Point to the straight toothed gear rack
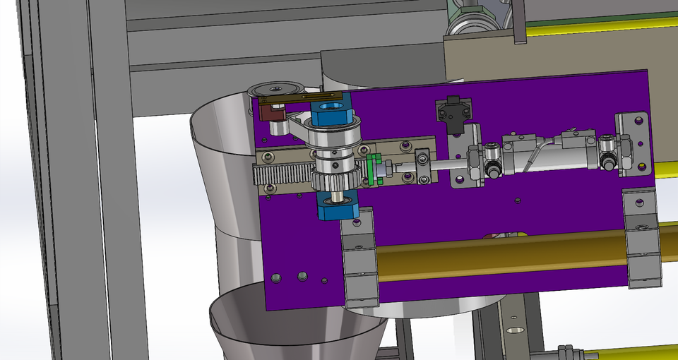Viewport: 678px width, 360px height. (282, 174)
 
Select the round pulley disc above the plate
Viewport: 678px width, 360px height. (275, 89)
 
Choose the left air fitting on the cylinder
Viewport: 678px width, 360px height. (492, 159)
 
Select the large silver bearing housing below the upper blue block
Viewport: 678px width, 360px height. (336, 140)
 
